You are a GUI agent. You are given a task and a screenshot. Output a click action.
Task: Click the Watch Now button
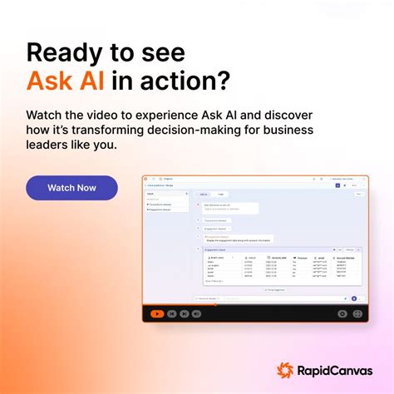click(x=71, y=188)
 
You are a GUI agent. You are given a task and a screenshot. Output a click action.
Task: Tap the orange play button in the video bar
click(x=156, y=313)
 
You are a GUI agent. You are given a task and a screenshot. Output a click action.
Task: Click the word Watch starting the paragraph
click(x=45, y=113)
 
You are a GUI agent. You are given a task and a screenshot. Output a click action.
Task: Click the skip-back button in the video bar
click(x=172, y=313)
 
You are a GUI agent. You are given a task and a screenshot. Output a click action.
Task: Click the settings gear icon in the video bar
click(x=342, y=313)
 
